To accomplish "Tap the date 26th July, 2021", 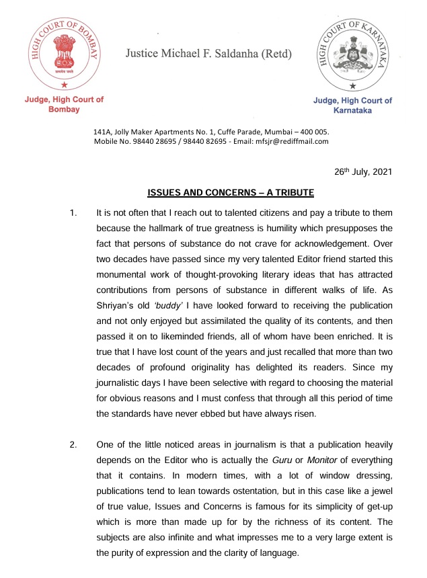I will (x=362, y=171).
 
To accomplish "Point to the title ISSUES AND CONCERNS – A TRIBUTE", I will (x=231, y=194).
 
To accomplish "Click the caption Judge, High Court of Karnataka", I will (x=352, y=106).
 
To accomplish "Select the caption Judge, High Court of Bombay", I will (x=64, y=104).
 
